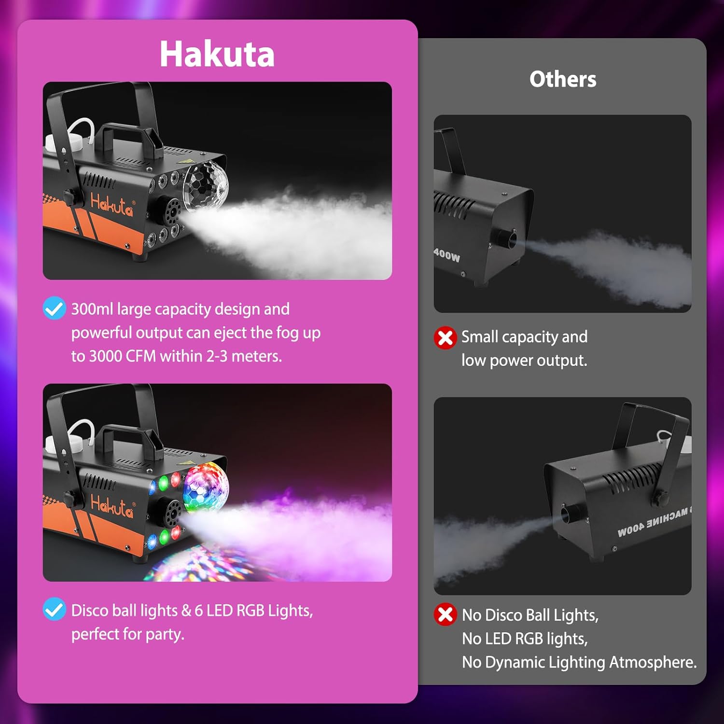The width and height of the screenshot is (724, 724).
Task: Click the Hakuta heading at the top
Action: tap(217, 54)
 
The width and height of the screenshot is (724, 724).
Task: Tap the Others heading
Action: tap(563, 79)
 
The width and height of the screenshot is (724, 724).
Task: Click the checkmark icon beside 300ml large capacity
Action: tap(54, 308)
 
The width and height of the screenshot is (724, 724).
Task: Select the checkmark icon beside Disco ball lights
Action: tap(54, 609)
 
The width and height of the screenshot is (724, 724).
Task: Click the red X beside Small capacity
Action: tap(445, 337)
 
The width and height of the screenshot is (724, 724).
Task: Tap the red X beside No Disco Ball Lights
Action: tap(445, 614)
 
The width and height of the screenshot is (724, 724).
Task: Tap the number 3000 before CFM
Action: tap(106, 356)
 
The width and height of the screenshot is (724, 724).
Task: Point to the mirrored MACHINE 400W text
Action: tap(653, 523)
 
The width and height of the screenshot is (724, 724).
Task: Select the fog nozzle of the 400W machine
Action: tap(505, 239)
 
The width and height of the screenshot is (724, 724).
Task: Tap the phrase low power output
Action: tap(524, 361)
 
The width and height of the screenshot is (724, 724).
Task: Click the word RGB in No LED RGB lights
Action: tap(529, 639)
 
